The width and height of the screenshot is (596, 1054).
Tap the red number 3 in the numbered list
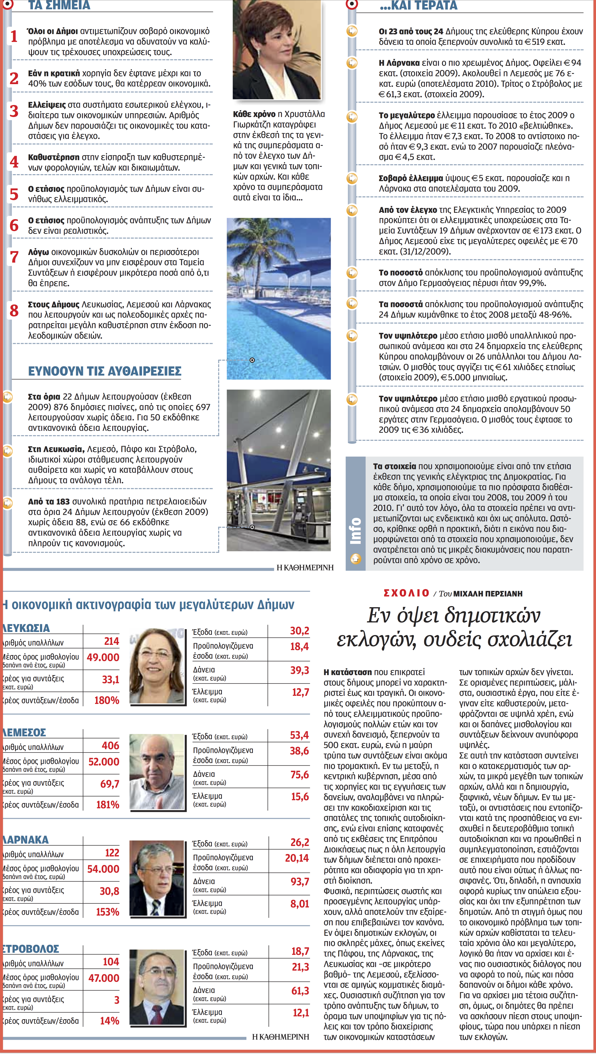14,111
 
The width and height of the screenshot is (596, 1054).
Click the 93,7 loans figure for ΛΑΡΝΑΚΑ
300,881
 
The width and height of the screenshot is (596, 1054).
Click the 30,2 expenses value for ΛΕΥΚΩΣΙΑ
299,631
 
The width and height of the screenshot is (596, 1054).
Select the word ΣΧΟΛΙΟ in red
406,593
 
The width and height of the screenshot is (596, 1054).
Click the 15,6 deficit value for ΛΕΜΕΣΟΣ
300,797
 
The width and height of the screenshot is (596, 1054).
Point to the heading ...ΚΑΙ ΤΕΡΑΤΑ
418,6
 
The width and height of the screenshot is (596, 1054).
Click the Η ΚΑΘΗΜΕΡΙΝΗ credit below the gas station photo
305,567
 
